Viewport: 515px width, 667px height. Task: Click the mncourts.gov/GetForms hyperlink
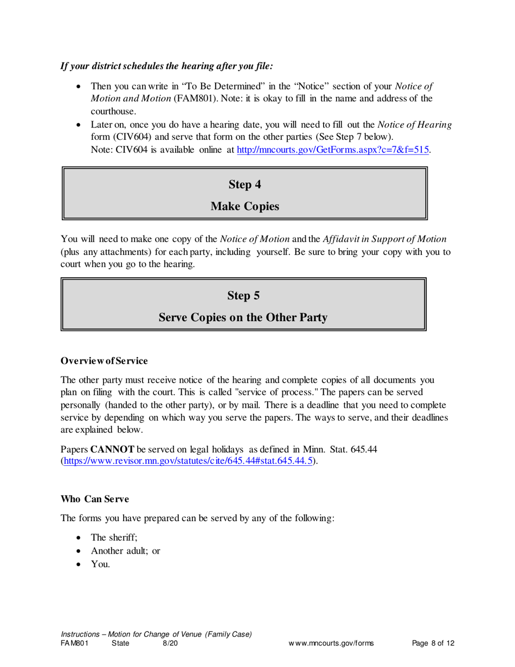[x=333, y=150]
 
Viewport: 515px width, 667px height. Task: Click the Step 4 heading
[x=244, y=184]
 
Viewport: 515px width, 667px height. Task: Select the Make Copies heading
[x=244, y=206]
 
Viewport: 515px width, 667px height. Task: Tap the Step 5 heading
[x=243, y=296]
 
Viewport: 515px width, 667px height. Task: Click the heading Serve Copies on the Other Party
[x=243, y=318]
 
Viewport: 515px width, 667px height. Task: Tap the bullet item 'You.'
[x=100, y=564]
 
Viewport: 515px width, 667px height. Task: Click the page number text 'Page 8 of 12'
[x=433, y=644]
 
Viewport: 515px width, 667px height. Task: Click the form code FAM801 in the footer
[x=74, y=644]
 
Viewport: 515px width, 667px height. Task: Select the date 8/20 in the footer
[x=170, y=644]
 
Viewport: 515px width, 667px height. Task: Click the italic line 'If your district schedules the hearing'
[x=166, y=66]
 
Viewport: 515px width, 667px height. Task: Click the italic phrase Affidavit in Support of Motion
[x=384, y=239]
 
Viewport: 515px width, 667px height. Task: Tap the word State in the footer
[x=120, y=644]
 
